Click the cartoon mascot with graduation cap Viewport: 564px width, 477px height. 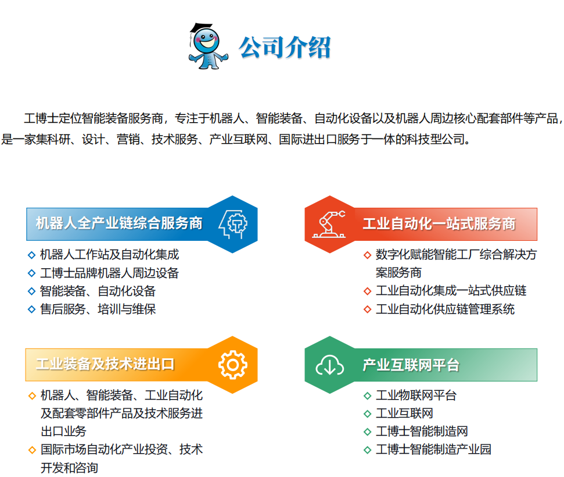[207, 46]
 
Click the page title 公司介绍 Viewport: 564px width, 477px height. [285, 47]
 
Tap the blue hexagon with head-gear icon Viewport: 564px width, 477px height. [232, 224]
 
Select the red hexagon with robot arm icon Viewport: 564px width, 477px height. [330, 224]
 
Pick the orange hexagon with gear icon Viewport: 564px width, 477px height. [232, 365]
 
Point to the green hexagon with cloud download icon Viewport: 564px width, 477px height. [330, 365]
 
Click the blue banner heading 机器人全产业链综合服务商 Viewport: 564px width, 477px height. [119, 224]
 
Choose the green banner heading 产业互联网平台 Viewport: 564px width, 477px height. [411, 365]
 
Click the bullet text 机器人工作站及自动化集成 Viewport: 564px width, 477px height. [109, 254]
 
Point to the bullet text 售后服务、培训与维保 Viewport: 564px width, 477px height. [98, 309]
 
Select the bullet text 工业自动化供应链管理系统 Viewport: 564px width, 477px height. [445, 309]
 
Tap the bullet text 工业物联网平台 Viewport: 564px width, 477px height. [416, 396]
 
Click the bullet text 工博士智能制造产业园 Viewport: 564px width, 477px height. [433, 450]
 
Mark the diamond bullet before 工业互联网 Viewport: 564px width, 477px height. [367, 414]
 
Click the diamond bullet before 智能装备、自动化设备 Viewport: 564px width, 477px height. [32, 291]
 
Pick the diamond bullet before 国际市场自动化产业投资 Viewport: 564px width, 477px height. [32, 450]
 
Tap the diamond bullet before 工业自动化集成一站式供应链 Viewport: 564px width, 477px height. [367, 291]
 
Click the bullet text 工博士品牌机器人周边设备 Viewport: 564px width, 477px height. [109, 273]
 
